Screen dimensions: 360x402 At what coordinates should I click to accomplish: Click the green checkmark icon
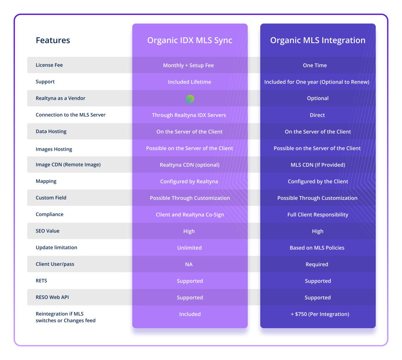tap(190, 99)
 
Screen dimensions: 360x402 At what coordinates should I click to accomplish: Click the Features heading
tap(53, 40)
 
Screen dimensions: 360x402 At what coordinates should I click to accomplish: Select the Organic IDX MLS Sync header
tap(190, 40)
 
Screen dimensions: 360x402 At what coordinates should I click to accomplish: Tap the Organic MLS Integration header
tap(318, 40)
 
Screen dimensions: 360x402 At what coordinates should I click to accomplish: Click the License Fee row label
tap(49, 65)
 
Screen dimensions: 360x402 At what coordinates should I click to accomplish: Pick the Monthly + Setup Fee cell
tap(188, 66)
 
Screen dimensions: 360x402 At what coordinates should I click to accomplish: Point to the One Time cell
tap(315, 66)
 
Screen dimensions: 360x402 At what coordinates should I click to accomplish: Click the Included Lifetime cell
tap(190, 82)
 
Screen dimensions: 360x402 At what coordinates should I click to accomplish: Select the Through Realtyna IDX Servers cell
tap(189, 115)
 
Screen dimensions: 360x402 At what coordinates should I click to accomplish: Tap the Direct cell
tap(317, 115)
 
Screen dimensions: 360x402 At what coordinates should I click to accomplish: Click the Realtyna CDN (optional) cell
tap(190, 165)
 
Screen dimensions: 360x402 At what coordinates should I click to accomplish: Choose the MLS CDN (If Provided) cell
tap(318, 165)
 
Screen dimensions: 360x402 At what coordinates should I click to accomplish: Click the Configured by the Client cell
tap(318, 181)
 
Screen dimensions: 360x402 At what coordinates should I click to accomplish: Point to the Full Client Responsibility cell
tap(318, 215)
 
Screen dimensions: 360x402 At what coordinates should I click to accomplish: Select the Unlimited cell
tap(190, 248)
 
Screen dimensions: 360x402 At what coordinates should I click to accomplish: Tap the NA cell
tap(189, 265)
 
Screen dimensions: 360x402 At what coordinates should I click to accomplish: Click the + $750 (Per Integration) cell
tap(318, 314)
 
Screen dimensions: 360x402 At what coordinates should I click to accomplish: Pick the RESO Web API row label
tap(52, 297)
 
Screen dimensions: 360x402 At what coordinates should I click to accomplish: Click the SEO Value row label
tap(48, 231)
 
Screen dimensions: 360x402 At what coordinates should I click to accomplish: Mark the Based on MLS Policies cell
tap(317, 248)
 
